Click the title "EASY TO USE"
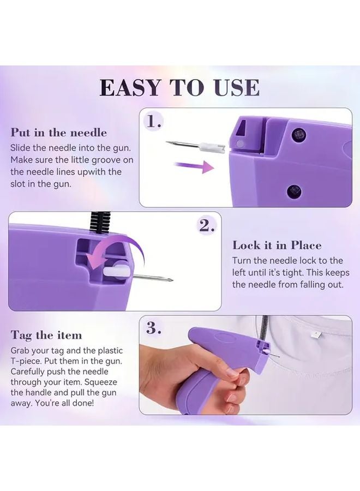pos(179,87)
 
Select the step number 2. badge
pos(206,226)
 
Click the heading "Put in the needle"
pos(59,133)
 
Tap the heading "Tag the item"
pos(46,334)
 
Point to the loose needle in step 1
pos(185,145)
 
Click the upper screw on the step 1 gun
pos(298,134)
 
